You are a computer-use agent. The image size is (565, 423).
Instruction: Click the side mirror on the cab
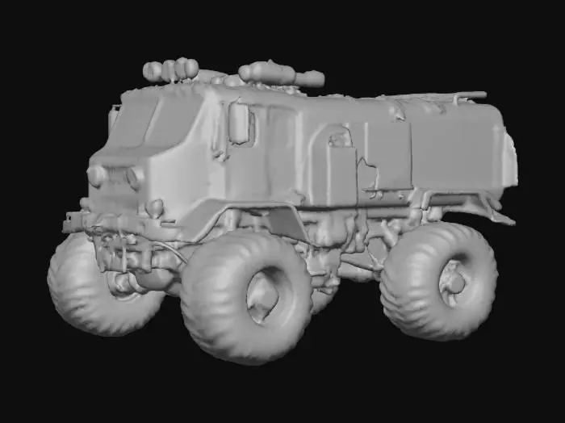pos(240,123)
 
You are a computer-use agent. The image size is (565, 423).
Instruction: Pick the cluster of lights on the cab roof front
pos(171,71)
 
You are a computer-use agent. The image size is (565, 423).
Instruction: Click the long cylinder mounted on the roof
pos(281,75)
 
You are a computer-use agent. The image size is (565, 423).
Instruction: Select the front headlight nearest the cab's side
pos(133,177)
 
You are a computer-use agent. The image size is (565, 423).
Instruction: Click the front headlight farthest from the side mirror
pos(96,175)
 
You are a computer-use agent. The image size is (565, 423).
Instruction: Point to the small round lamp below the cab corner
pos(154,207)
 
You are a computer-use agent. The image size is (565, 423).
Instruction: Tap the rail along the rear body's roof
pos(436,98)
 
